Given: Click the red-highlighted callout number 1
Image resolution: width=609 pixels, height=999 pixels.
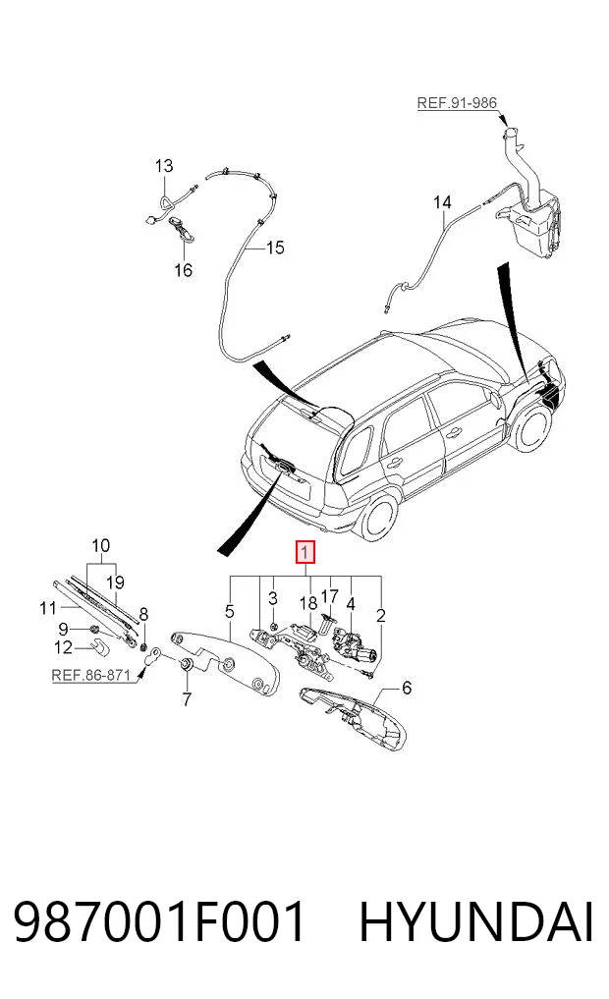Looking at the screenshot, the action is click(x=305, y=552).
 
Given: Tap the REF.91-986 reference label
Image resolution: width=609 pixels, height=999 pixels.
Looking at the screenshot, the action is click(x=457, y=102).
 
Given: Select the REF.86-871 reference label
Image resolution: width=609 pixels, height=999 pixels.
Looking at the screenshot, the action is click(x=90, y=675).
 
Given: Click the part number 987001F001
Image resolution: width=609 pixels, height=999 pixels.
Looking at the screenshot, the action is click(x=159, y=922).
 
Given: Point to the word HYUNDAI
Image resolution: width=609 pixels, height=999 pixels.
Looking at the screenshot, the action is click(x=476, y=922).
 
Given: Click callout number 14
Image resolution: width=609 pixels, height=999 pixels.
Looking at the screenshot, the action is click(x=442, y=202).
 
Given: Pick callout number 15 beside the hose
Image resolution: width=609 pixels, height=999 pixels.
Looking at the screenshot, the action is click(x=275, y=248).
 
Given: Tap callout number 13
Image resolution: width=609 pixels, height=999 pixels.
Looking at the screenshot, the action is click(x=164, y=166).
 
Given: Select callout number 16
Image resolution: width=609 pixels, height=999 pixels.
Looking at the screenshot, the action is click(x=184, y=270).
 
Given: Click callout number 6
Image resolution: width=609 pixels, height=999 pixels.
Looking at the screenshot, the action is click(x=407, y=688).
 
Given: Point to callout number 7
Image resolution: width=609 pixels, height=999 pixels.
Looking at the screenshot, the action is click(x=186, y=699).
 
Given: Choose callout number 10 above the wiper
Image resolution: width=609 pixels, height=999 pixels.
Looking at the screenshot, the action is click(x=100, y=545).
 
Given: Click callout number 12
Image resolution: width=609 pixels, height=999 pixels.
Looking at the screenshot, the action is click(x=64, y=647).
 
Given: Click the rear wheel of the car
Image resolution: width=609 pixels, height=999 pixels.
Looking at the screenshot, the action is click(x=378, y=516).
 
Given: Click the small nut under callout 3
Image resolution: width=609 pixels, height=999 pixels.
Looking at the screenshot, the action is click(x=273, y=627).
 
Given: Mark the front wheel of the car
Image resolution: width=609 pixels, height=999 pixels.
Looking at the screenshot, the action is click(x=532, y=427).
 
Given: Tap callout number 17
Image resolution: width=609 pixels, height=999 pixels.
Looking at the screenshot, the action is click(x=329, y=596).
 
